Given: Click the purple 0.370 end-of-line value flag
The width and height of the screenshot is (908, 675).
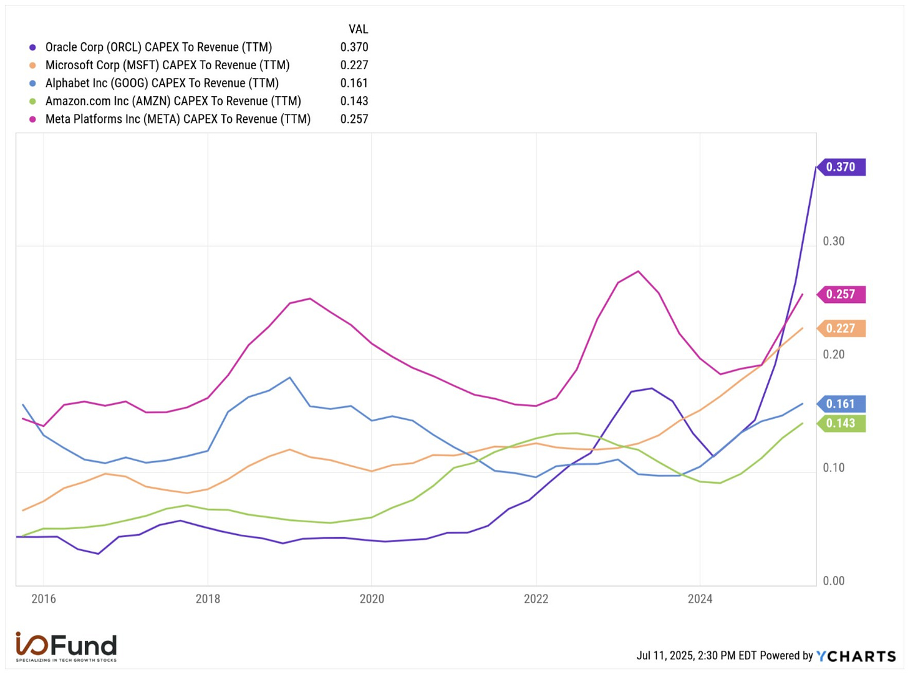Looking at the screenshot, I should [x=841, y=167].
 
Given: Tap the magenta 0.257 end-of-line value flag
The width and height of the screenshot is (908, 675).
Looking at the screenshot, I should [x=841, y=294].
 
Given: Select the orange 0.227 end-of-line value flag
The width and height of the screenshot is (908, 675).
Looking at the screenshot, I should [x=841, y=328].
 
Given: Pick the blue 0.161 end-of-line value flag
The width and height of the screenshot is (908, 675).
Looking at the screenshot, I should [x=841, y=404].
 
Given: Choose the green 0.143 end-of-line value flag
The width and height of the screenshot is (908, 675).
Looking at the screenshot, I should [x=841, y=423].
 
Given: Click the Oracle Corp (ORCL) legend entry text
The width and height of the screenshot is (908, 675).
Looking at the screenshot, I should [x=158, y=47].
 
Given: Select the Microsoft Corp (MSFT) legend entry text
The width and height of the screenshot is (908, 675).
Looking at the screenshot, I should [x=167, y=65].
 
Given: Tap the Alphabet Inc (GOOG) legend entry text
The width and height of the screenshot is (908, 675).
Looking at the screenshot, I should [x=162, y=84].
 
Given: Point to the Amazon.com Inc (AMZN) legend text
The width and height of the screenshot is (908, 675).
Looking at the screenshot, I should [x=173, y=101].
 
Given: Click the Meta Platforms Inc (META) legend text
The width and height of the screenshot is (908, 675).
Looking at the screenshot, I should [x=178, y=119].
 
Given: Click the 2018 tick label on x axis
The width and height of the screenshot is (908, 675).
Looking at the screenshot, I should [x=208, y=599].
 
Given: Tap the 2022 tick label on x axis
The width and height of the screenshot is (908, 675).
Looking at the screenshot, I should [x=536, y=599].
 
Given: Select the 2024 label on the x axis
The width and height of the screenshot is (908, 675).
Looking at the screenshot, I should [x=700, y=599].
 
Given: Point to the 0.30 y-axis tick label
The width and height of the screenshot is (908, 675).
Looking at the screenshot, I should [x=834, y=241].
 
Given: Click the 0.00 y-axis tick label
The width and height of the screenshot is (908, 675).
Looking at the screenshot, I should [x=834, y=581].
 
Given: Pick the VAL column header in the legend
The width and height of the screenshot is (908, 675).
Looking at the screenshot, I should [x=358, y=29].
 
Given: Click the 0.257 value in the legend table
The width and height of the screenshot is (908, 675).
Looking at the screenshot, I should [x=354, y=119].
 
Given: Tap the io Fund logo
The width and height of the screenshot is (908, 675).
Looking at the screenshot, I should [x=66, y=647].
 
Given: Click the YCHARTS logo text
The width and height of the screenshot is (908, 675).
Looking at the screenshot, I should [x=856, y=656].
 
